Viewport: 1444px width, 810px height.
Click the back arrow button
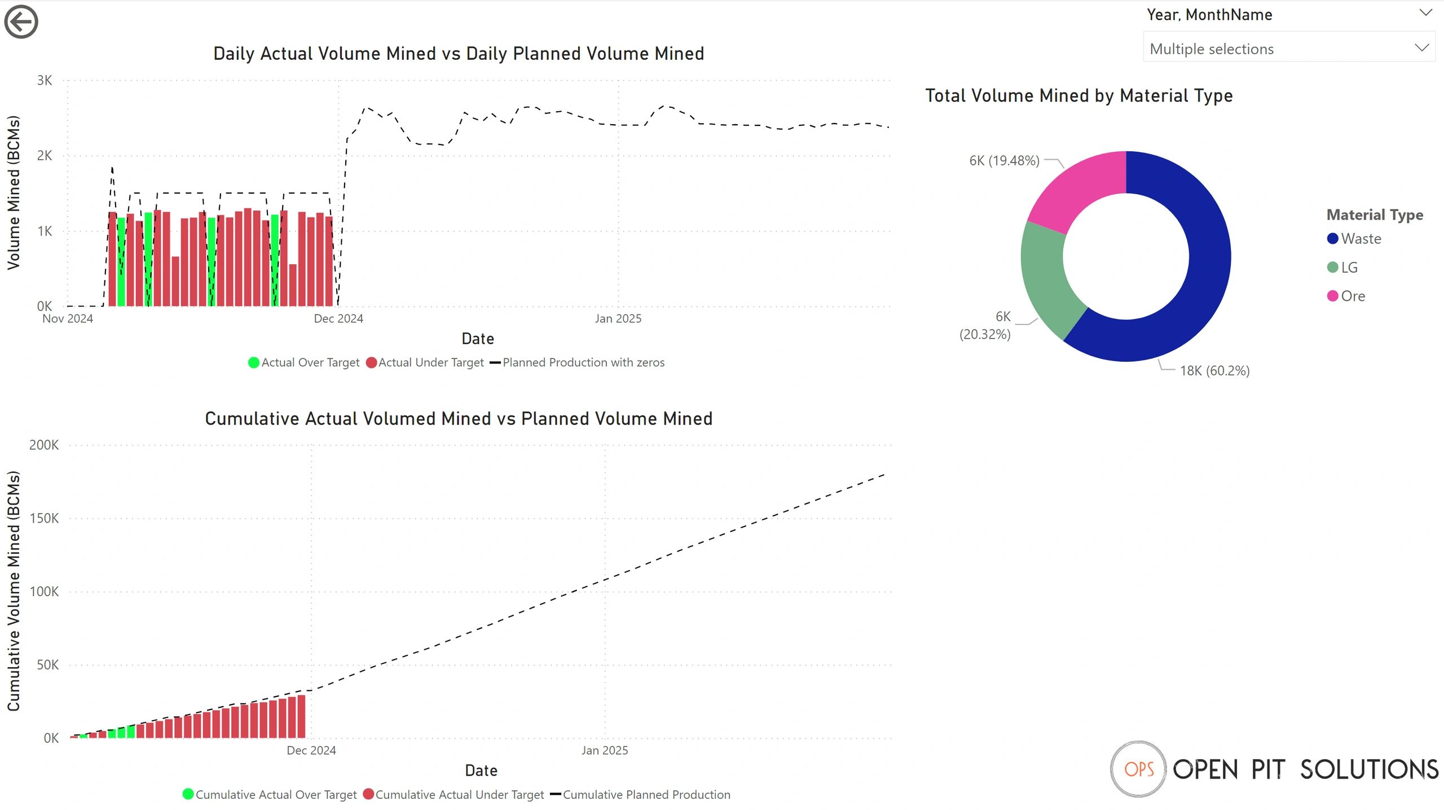(x=21, y=22)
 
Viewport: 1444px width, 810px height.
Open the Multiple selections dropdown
(x=1288, y=49)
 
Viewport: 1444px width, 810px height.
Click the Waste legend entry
(x=1360, y=239)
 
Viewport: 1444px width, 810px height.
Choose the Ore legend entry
(x=1352, y=296)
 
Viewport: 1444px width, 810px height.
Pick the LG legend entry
(x=1349, y=268)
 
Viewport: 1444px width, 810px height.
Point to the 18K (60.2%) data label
(x=1214, y=371)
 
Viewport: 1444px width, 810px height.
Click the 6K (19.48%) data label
(x=1004, y=161)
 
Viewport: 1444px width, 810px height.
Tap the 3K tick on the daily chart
(x=45, y=80)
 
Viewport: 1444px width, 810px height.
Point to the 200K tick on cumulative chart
(x=44, y=445)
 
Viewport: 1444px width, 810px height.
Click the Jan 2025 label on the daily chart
(x=618, y=319)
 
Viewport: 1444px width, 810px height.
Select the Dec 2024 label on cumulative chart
(x=311, y=750)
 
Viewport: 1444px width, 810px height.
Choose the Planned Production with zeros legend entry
(x=583, y=362)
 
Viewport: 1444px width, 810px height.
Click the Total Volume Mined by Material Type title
(x=1078, y=96)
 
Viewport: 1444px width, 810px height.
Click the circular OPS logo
(x=1138, y=769)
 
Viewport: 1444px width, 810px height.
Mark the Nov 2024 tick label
(x=68, y=319)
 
